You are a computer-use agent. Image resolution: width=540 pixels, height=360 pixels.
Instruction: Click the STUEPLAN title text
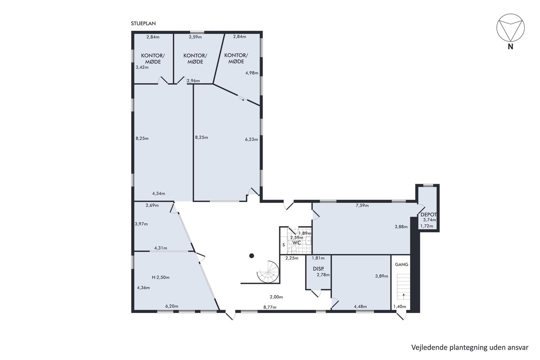tap(143, 24)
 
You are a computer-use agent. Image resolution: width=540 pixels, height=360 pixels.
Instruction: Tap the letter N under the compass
tap(510, 47)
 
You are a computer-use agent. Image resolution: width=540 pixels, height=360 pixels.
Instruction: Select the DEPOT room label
tap(429, 215)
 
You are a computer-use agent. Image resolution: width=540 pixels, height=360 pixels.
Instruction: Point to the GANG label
tap(402, 265)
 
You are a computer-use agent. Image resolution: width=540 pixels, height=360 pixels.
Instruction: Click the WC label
tap(297, 243)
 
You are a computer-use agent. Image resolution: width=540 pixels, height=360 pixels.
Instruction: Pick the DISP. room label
tap(318, 269)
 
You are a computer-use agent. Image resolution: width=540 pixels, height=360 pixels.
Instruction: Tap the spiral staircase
tap(268, 272)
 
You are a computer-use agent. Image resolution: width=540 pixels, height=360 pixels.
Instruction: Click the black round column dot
tap(251, 256)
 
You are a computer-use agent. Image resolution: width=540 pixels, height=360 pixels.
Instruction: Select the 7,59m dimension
tap(362, 205)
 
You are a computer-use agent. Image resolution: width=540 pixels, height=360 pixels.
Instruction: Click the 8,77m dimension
tap(270, 307)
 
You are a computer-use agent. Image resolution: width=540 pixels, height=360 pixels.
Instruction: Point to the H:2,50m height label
tap(160, 277)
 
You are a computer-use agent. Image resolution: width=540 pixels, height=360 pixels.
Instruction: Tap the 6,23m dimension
tap(251, 139)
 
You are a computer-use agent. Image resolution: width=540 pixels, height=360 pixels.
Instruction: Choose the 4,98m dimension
tap(251, 73)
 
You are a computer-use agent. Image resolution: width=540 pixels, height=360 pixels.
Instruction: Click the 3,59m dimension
tap(195, 37)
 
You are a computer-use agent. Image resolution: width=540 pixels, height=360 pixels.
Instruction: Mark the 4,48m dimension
tap(360, 306)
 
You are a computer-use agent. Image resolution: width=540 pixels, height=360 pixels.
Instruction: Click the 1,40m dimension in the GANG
tap(400, 306)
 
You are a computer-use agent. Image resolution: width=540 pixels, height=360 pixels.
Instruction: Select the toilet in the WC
tap(294, 248)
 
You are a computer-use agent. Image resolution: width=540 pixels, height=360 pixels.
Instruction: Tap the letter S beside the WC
tap(283, 245)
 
